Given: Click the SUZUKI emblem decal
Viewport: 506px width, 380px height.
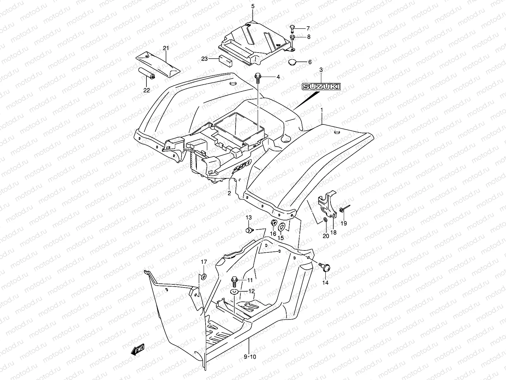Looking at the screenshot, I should [321, 86].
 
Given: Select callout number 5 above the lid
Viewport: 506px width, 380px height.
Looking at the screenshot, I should [253, 6].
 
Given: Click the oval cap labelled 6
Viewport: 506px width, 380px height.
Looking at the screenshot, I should [293, 62].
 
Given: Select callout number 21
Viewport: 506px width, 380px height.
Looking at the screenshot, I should [166, 48].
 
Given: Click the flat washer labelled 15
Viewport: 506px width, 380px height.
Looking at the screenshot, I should [281, 227].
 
